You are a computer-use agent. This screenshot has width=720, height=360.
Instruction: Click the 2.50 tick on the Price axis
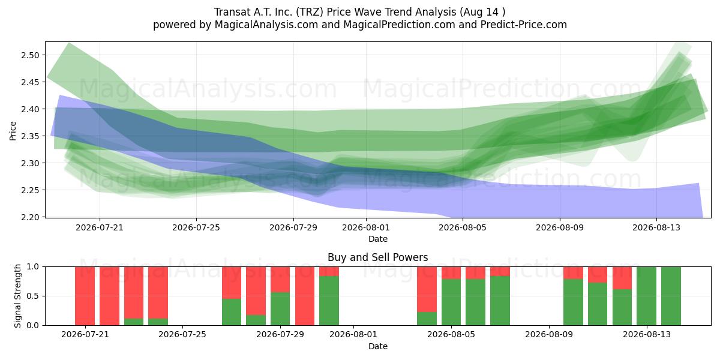click(x=30, y=55)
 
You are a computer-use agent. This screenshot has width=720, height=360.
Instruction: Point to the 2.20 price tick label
click(x=30, y=217)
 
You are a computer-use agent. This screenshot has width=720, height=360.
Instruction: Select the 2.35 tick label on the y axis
click(x=30, y=136)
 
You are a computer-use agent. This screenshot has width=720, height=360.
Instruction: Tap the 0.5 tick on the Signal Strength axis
click(x=33, y=296)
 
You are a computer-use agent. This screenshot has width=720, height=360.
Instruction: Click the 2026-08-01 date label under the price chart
click(x=366, y=227)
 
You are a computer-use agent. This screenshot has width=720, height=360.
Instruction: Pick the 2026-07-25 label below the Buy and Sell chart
click(x=182, y=334)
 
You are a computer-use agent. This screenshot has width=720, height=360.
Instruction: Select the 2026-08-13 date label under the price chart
click(x=656, y=227)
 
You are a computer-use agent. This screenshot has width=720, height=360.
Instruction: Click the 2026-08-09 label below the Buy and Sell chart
click(x=549, y=334)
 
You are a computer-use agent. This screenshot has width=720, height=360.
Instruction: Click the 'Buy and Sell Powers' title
click(x=377, y=257)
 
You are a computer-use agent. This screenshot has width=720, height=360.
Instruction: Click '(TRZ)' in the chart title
click(x=310, y=12)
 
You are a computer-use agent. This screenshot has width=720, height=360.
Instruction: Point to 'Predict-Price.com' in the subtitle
click(x=524, y=25)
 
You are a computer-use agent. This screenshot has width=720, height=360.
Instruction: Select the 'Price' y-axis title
click(x=13, y=131)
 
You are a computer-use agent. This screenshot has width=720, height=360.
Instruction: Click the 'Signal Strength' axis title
click(x=17, y=296)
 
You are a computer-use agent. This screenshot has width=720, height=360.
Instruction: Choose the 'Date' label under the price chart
click(x=377, y=239)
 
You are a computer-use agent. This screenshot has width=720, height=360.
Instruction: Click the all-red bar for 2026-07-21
click(x=85, y=296)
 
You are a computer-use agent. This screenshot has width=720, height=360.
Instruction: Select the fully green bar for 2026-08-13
click(x=646, y=296)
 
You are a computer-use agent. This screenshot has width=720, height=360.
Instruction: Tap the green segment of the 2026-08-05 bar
click(x=451, y=302)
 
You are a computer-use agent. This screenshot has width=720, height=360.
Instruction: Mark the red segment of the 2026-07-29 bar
click(x=280, y=280)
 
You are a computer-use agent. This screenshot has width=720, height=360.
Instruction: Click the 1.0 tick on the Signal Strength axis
click(x=33, y=266)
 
